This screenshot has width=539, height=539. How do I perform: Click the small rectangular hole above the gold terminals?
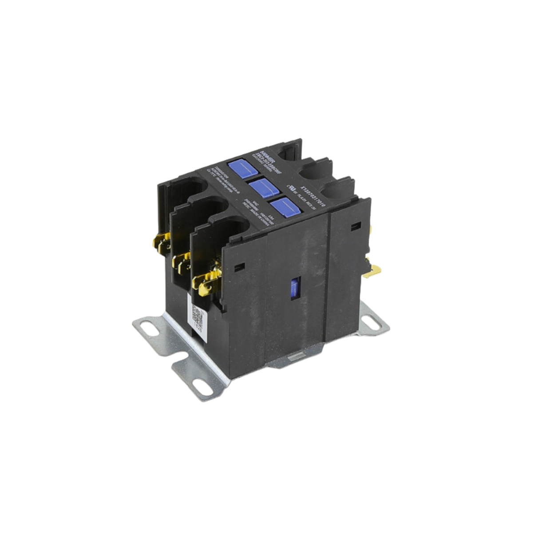pos(239,267)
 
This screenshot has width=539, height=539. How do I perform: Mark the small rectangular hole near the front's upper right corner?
pos(356,227)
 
